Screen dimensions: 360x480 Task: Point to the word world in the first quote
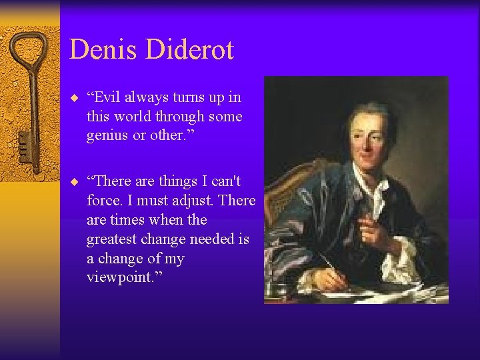tap(134, 117)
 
